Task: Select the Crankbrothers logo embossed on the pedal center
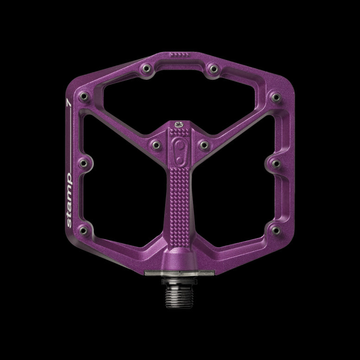[180, 149]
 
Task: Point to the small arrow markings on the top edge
[179, 55]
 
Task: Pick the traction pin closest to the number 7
[84, 97]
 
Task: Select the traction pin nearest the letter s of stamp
[84, 230]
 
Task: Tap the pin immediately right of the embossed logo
[203, 145]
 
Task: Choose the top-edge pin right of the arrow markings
[213, 69]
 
